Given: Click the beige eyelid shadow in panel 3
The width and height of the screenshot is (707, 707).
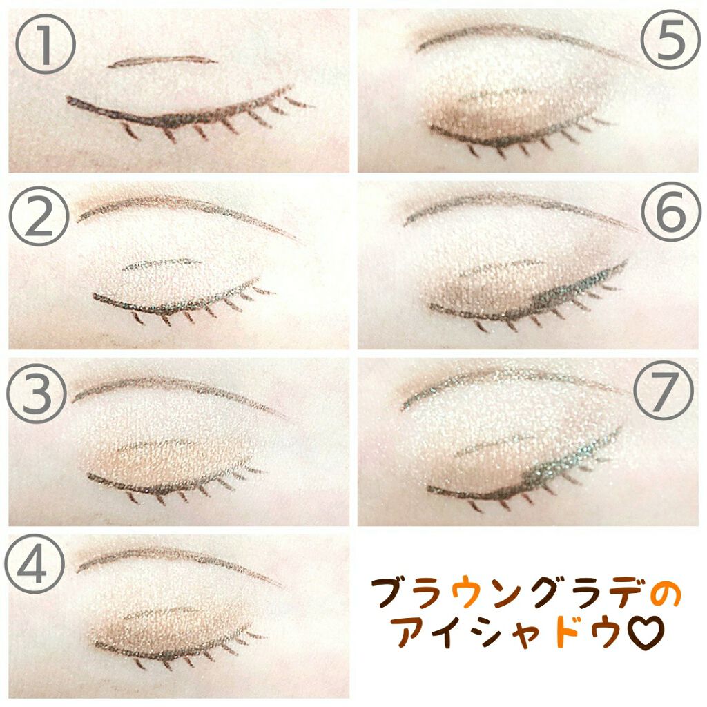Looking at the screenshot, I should coord(173,459).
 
